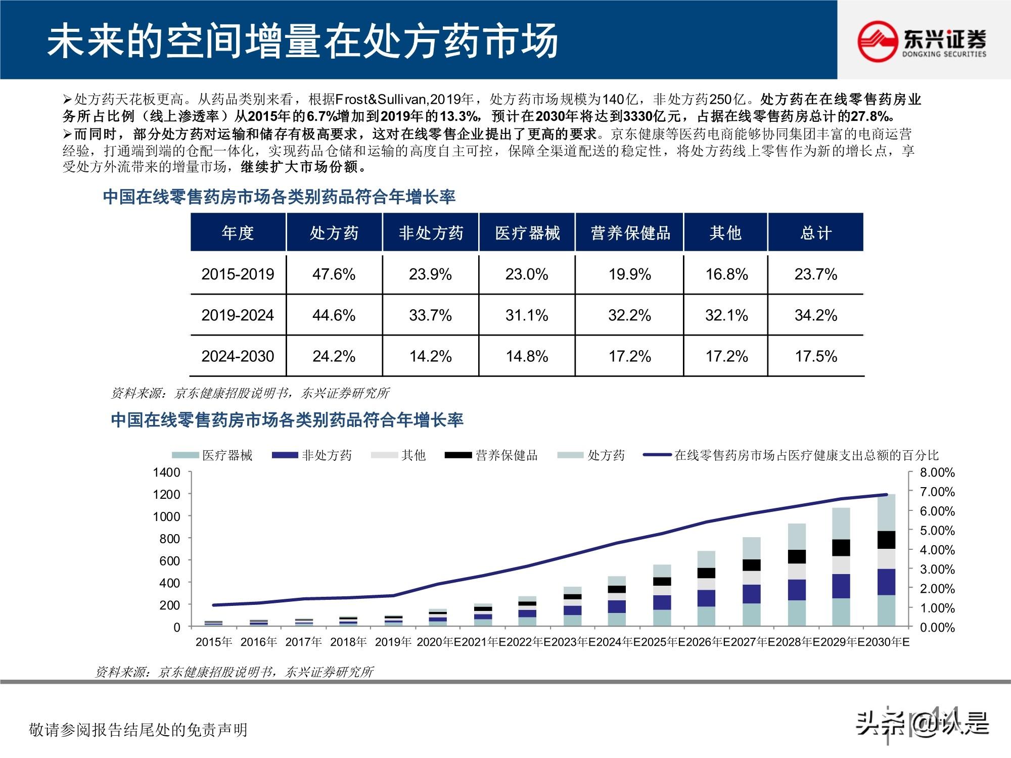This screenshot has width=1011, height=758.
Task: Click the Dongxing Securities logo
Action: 922,40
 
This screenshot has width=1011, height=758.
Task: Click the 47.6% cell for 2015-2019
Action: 334,274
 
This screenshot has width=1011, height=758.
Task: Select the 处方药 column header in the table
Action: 334,233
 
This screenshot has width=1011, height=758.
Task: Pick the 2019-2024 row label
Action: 237,315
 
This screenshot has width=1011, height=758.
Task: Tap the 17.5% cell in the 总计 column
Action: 815,356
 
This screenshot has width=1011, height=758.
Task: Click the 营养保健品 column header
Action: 630,233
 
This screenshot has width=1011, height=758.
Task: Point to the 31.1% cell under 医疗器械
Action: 527,315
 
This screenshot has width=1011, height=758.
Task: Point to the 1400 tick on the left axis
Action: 167,472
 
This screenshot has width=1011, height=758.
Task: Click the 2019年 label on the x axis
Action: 393,642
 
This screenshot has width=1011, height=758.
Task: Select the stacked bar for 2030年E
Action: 886,561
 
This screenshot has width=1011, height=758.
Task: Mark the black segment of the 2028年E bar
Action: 797,556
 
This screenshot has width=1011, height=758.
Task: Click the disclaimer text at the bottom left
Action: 139,730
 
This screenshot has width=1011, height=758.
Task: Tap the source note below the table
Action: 250,393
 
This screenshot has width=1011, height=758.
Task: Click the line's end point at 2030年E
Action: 886,495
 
